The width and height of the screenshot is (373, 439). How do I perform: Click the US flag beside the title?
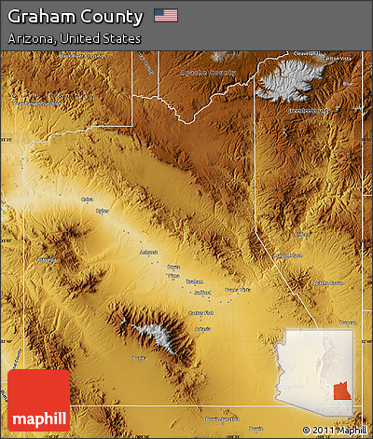coord(166,15)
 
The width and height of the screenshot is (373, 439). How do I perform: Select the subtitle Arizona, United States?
coord(74,39)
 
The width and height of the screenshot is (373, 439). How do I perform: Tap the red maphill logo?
coord(38,401)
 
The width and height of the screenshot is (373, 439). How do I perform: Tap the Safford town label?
coord(202,291)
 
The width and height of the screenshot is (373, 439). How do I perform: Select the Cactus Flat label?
coord(200,313)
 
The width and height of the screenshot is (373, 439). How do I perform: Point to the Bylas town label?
coord(102,211)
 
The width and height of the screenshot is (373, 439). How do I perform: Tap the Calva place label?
coord(87,199)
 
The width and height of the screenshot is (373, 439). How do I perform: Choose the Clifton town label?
coord(301,234)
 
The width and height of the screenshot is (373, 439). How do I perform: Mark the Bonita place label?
coord(139,358)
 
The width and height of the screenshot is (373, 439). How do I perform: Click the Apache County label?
coord(210,72)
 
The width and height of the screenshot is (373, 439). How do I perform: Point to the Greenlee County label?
coord(308,111)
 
